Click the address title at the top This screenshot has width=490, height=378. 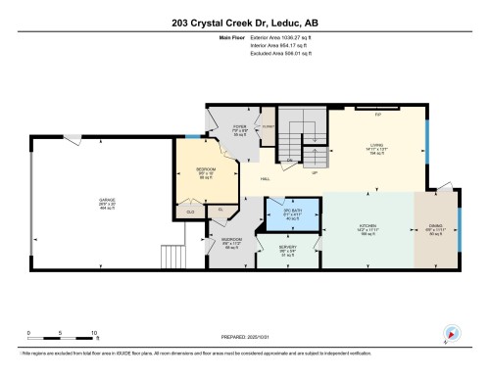[x=244, y=22]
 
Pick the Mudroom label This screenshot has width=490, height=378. [x=232, y=242]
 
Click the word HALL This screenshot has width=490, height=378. [x=266, y=179]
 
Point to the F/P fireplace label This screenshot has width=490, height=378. [x=378, y=114]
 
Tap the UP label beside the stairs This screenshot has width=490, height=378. [x=315, y=172]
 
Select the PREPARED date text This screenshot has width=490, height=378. [x=245, y=336]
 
